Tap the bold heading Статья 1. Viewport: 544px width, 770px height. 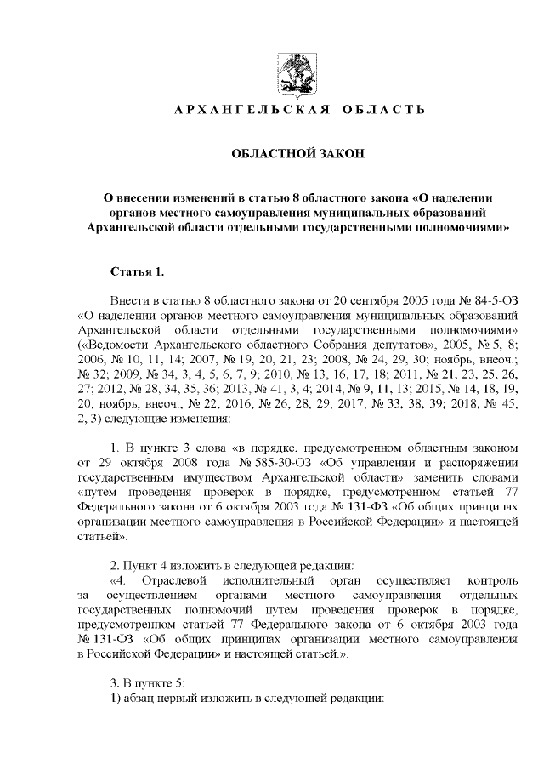tap(136, 271)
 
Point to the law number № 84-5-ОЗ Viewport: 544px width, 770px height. tap(490, 301)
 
